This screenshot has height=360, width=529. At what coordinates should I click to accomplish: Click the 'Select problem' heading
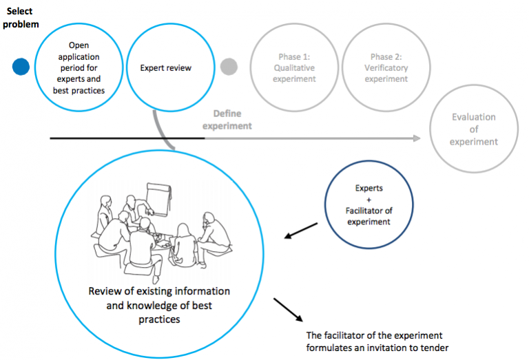click(x=20, y=17)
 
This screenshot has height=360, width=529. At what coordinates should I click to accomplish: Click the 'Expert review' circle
click(x=165, y=67)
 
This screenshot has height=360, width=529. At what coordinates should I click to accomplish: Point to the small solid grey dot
click(x=229, y=67)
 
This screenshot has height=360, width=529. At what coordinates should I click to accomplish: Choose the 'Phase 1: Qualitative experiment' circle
click(x=295, y=67)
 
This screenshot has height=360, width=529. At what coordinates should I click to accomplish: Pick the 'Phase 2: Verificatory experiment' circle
click(x=386, y=67)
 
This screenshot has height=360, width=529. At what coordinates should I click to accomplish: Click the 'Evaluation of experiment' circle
click(x=473, y=129)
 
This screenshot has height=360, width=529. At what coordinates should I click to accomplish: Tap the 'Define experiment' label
click(x=232, y=120)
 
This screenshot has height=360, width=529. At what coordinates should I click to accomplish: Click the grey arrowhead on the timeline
click(x=417, y=138)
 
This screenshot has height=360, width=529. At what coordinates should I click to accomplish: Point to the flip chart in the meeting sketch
click(x=160, y=198)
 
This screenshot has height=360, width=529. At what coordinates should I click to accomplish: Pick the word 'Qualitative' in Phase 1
click(x=295, y=67)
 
